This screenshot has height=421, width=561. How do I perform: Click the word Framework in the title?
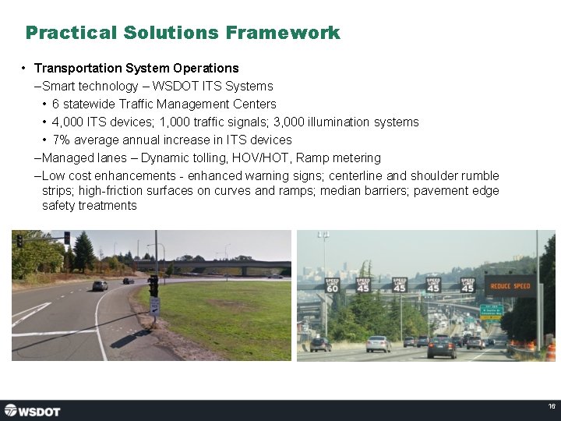pyautogui.click(x=283, y=33)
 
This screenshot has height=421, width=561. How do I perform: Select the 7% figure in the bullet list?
pyautogui.click(x=61, y=140)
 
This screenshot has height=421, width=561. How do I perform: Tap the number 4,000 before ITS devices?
pyautogui.click(x=68, y=122)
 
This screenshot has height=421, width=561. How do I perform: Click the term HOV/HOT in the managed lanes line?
pyautogui.click(x=261, y=158)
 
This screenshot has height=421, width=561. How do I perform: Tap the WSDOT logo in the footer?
pyautogui.click(x=33, y=410)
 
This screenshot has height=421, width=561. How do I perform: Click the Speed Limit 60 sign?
pyautogui.click(x=332, y=285)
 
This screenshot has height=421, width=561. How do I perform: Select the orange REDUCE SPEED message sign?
pyautogui.click(x=510, y=286)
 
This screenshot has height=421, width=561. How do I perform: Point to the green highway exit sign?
pyautogui.click(x=490, y=311)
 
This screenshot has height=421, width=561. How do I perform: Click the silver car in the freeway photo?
pyautogui.click(x=379, y=343)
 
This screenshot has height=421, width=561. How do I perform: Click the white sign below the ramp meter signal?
pyautogui.click(x=154, y=306)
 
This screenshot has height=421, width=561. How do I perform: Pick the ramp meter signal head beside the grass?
pyautogui.click(x=153, y=285)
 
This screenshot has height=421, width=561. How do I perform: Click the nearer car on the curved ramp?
pyautogui.click(x=100, y=286)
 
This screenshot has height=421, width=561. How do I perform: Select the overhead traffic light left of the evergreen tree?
pyautogui.click(x=67, y=238)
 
